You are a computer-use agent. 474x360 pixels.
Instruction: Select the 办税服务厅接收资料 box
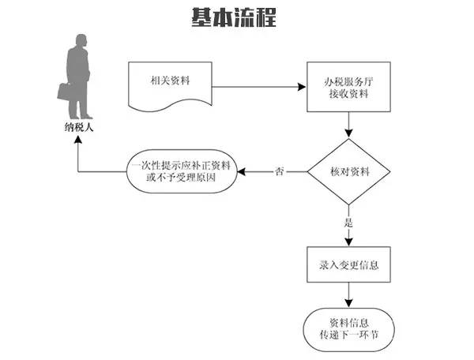(x=348, y=86)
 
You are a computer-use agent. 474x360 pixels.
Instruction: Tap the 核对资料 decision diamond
(x=348, y=171)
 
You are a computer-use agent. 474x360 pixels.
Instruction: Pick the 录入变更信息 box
(x=348, y=263)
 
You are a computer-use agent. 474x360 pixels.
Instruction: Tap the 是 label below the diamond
(x=348, y=223)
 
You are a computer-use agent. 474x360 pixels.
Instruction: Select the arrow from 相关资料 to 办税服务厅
(x=261, y=85)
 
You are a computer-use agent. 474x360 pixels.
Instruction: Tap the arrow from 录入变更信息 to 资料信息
(x=348, y=294)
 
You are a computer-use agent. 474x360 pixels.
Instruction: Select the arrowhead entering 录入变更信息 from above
(x=348, y=241)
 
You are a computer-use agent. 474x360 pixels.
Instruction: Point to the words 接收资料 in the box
(x=348, y=93)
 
